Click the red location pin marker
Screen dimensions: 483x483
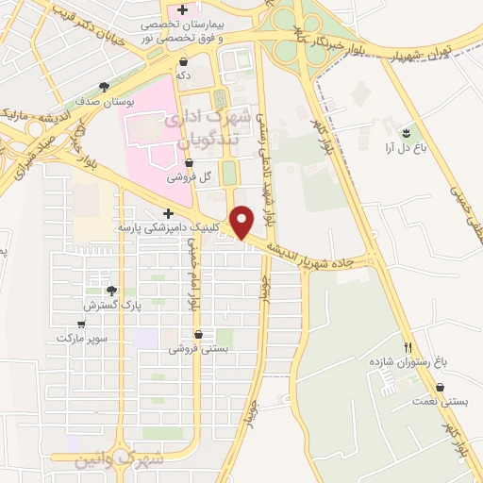click(x=242, y=221)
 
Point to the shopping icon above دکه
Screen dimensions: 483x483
click(x=182, y=61)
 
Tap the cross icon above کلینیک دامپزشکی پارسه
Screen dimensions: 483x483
click(x=168, y=213)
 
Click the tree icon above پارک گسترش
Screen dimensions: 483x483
click(x=111, y=291)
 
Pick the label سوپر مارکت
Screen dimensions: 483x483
click(x=82, y=337)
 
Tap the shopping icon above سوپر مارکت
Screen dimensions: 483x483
click(x=82, y=324)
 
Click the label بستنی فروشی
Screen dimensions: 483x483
click(x=198, y=348)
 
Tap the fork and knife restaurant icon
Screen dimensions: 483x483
click(x=408, y=347)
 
